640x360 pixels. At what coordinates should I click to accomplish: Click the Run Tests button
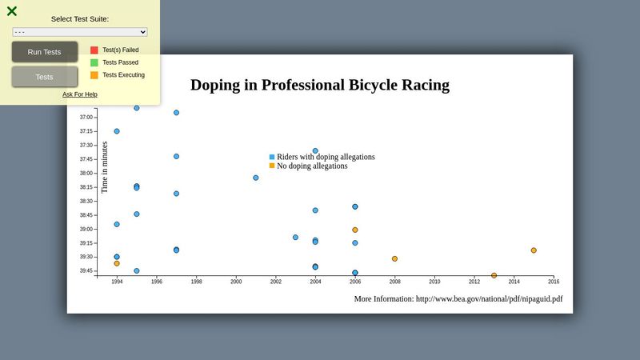point(44,52)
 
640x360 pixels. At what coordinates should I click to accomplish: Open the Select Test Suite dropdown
point(80,32)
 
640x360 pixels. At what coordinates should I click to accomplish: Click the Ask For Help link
point(80,94)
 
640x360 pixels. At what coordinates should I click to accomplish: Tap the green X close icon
point(12,11)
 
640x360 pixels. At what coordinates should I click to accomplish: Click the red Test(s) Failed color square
point(94,50)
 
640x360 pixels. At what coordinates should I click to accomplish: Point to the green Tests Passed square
point(94,62)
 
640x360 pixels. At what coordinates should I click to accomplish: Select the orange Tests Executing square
point(94,75)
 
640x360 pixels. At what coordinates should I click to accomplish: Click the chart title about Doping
point(320,85)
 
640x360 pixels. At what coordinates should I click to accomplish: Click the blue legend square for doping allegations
point(272,157)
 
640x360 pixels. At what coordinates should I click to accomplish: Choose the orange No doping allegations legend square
point(272,166)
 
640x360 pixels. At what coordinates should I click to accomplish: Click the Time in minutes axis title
point(104,167)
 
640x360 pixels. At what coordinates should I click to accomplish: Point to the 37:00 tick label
point(86,118)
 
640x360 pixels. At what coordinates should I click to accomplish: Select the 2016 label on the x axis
point(554,282)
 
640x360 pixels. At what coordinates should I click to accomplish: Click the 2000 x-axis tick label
point(236,282)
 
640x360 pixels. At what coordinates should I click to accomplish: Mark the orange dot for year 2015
point(534,250)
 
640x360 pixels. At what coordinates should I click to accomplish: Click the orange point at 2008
point(394,258)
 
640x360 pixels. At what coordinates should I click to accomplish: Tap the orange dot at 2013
point(494,275)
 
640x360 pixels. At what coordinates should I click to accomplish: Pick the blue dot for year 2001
point(256,178)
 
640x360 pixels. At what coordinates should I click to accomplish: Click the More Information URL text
point(458,299)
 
